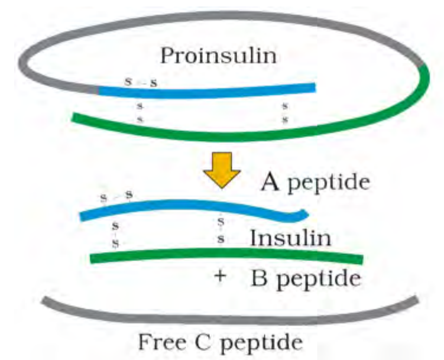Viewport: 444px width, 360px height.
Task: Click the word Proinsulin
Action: pos(218,56)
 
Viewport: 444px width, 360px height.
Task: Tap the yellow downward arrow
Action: pos(222,170)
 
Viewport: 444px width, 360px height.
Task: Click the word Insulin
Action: pos(290,238)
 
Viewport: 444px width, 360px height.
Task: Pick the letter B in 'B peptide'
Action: pos(259,278)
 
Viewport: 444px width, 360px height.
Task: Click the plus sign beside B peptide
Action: pos(220,276)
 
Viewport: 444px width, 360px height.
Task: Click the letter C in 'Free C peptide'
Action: pos(203,342)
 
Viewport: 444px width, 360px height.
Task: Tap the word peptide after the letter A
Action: pos(329,183)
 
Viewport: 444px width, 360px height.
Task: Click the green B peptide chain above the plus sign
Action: pos(226,253)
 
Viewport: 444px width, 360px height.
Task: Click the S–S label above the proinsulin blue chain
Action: pos(141,82)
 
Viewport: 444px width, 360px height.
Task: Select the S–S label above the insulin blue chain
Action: pos(116,196)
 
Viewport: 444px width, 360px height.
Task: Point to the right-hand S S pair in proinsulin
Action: pos(285,113)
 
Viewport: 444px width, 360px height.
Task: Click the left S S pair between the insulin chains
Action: pos(115,234)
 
